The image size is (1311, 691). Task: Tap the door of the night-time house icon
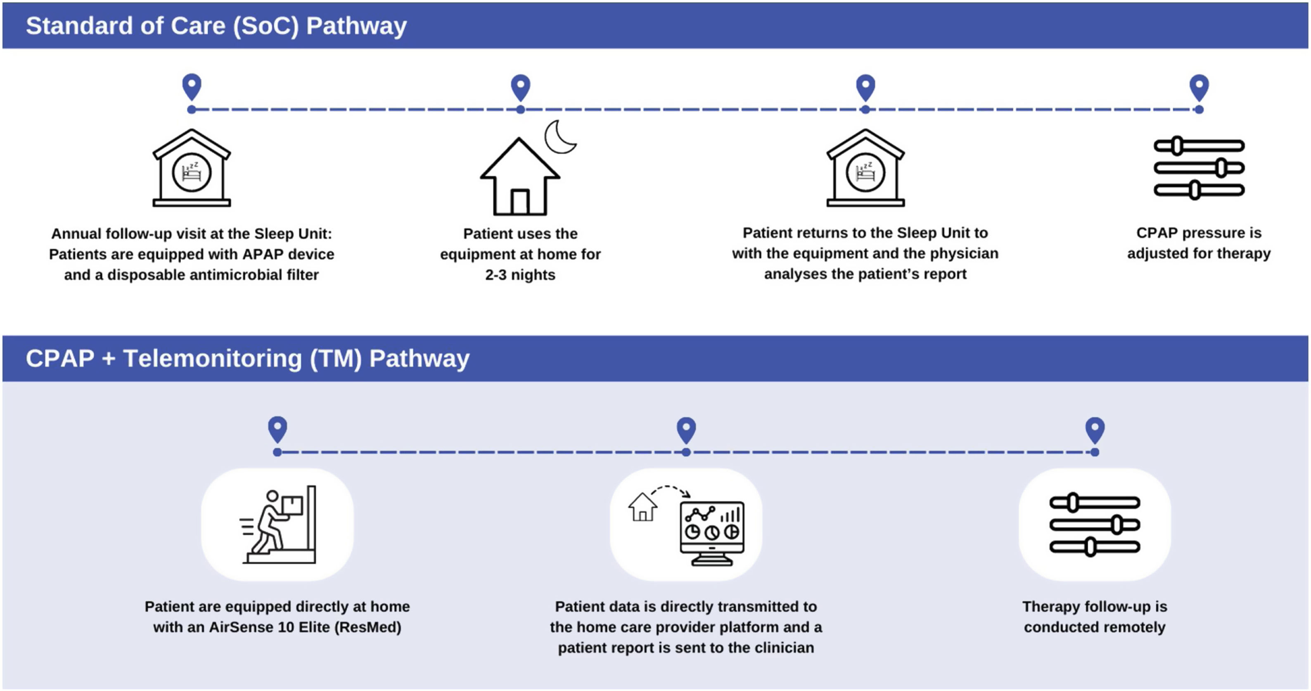point(519,202)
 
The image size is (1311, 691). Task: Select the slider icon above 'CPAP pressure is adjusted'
point(1199,168)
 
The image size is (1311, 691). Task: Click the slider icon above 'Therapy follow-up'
point(1095,525)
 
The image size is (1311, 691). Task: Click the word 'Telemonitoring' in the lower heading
point(212,358)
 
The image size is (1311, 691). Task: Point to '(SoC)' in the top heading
point(266,26)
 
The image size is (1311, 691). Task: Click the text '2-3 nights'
point(520,275)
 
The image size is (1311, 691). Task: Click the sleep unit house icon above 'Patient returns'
point(865,168)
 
